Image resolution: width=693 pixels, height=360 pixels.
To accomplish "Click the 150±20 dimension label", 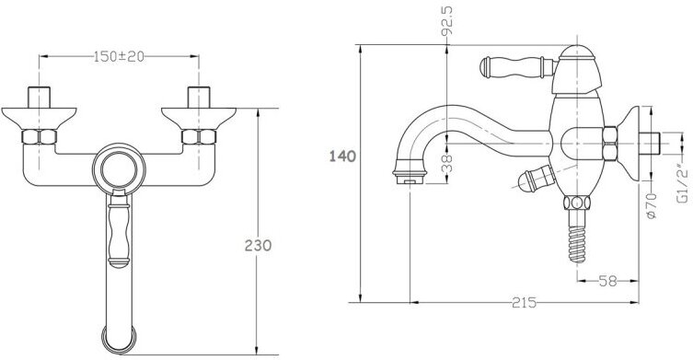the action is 119,56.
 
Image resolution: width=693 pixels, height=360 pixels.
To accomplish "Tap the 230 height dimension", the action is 258,245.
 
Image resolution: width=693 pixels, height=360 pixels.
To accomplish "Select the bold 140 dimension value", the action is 342,157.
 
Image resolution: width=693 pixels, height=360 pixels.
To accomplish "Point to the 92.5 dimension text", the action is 447,20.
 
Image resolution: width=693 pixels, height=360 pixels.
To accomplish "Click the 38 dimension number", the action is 447,163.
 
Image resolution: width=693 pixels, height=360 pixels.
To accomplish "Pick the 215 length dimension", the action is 525,303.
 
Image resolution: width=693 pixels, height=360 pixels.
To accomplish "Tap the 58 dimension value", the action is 607,281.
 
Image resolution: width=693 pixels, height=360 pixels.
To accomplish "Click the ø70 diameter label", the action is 651,205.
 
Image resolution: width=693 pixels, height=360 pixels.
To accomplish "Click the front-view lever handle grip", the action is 119,230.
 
